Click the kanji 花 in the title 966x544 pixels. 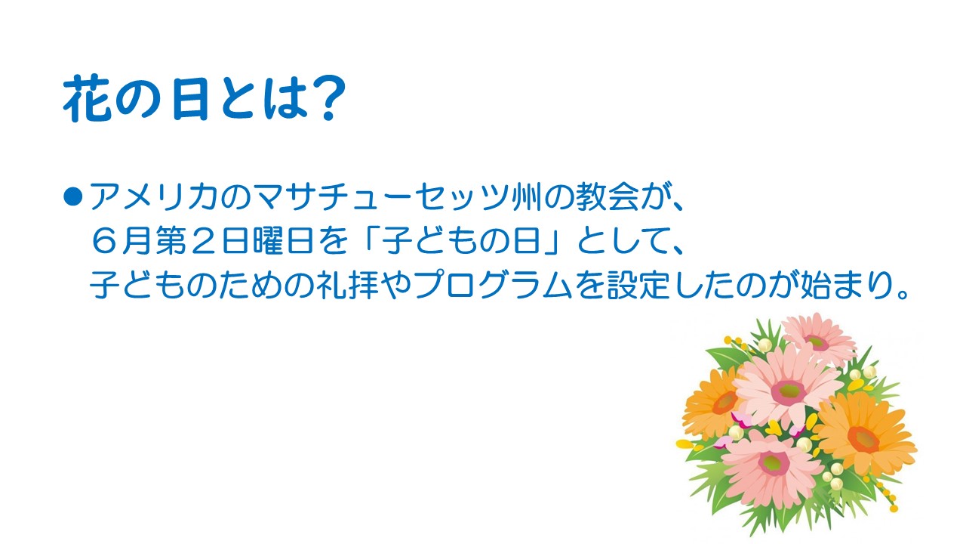pos(87,98)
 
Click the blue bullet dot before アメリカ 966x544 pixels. pos(72,196)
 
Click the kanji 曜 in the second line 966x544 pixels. pos(268,240)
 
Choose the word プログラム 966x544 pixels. pos(493,285)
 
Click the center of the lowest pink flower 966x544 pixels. pos(774,463)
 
